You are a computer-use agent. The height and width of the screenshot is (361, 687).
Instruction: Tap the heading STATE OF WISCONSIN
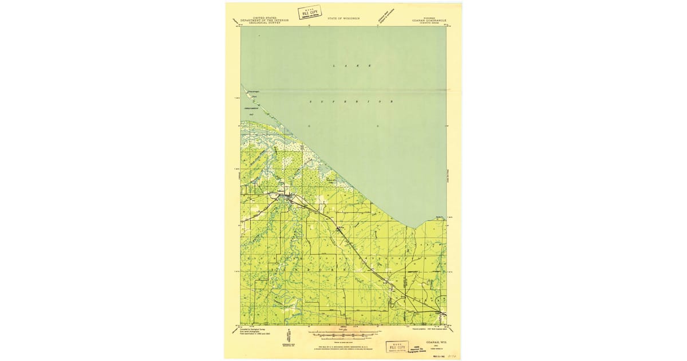[x=343, y=19]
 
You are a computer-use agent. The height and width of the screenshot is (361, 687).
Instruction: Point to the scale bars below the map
[x=343, y=333]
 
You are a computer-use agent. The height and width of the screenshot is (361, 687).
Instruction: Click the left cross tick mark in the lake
[x=309, y=125]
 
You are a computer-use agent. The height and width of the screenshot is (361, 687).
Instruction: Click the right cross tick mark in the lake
[x=378, y=125]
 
